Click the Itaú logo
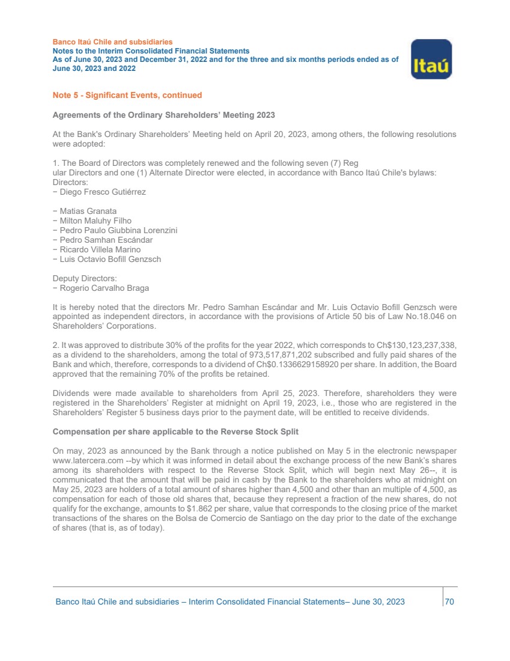click(431, 59)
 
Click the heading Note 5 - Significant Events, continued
click(127, 95)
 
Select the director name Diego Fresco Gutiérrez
click(102, 192)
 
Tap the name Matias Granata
click(87, 211)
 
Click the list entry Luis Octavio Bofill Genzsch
click(109, 259)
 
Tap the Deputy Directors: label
click(85, 278)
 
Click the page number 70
click(450, 602)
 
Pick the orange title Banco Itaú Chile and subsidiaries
click(112, 42)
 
